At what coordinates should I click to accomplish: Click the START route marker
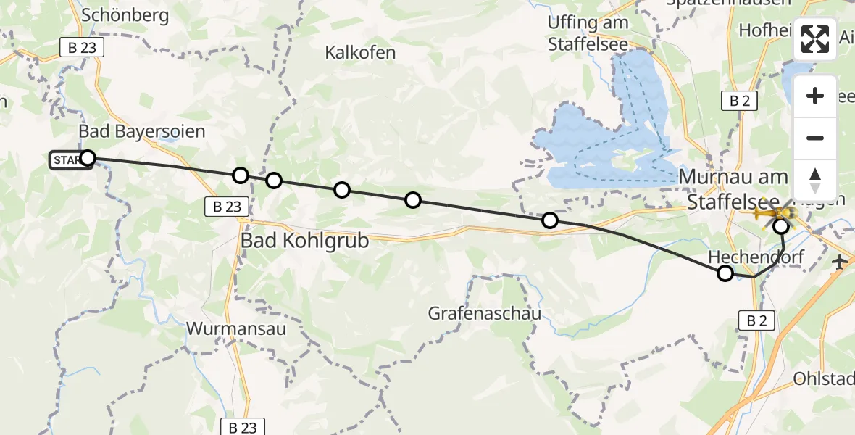(x=70, y=159)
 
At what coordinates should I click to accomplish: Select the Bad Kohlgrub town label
(x=304, y=240)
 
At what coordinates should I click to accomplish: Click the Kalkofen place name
(x=360, y=53)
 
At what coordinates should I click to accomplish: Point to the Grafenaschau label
(x=485, y=314)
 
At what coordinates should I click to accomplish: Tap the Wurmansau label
(x=236, y=328)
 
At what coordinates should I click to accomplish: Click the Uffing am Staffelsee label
(x=588, y=33)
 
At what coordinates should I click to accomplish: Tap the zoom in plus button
(x=815, y=96)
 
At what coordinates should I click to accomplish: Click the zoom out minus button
(x=815, y=138)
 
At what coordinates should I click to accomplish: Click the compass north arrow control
(x=815, y=180)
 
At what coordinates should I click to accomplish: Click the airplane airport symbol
(x=840, y=262)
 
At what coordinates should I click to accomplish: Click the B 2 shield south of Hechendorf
(x=757, y=320)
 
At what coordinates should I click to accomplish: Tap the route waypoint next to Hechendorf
(x=725, y=273)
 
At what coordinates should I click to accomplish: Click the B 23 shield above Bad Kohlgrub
(x=228, y=207)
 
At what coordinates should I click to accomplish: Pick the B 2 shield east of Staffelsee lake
(x=739, y=101)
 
